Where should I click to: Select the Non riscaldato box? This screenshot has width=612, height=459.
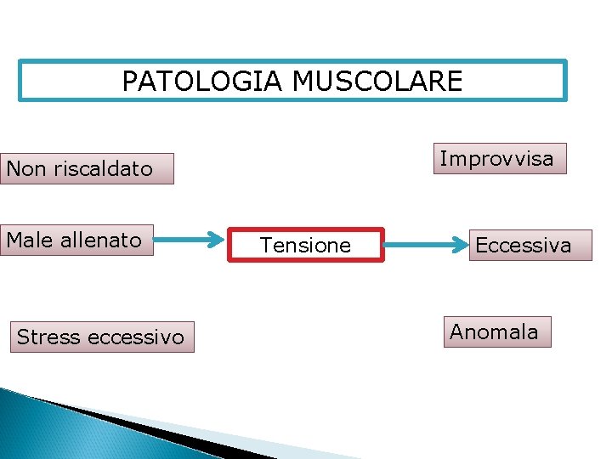tap(88, 168)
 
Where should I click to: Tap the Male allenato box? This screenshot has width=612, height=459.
tap(77, 240)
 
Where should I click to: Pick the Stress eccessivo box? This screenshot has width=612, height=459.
tap(101, 337)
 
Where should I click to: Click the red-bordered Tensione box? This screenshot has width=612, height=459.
tap(307, 245)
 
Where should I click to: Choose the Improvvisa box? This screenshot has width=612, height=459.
tap(499, 158)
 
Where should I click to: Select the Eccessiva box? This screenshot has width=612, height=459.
tap(530, 245)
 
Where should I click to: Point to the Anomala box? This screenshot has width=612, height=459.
tap(497, 331)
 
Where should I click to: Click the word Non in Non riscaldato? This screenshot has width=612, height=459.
tap(25, 168)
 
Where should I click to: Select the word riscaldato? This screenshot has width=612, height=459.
tap(104, 168)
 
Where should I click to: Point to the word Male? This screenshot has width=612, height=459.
tap(29, 240)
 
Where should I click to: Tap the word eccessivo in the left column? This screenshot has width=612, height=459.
tap(135, 337)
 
